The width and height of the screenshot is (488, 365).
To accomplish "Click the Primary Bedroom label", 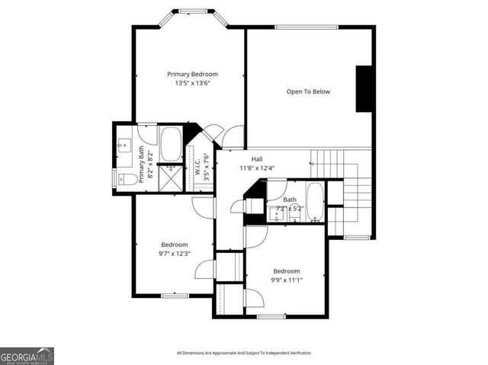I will click(192, 74).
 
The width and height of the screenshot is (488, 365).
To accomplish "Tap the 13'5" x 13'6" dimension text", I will click(192, 83).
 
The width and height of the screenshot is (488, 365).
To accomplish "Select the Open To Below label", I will click(308, 91).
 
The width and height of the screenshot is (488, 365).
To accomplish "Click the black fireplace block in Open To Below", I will click(364, 88).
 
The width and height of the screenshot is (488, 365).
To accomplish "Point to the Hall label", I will click(246, 158).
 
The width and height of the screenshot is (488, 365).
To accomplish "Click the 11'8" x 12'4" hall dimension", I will click(246, 168).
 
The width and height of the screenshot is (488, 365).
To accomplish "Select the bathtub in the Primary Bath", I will click(171, 143).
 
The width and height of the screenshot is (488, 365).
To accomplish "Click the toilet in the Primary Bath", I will click(127, 180).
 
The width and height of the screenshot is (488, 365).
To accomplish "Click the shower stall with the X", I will click(172, 177).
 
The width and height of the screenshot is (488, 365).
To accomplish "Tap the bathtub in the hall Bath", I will click(314, 200).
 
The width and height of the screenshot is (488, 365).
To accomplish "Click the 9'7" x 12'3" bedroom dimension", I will click(174, 254).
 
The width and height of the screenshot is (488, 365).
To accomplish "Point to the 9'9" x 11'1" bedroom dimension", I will click(287, 280).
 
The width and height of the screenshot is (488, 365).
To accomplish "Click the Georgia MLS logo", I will click(27, 356).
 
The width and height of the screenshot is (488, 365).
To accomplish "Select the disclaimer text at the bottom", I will click(243, 353).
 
